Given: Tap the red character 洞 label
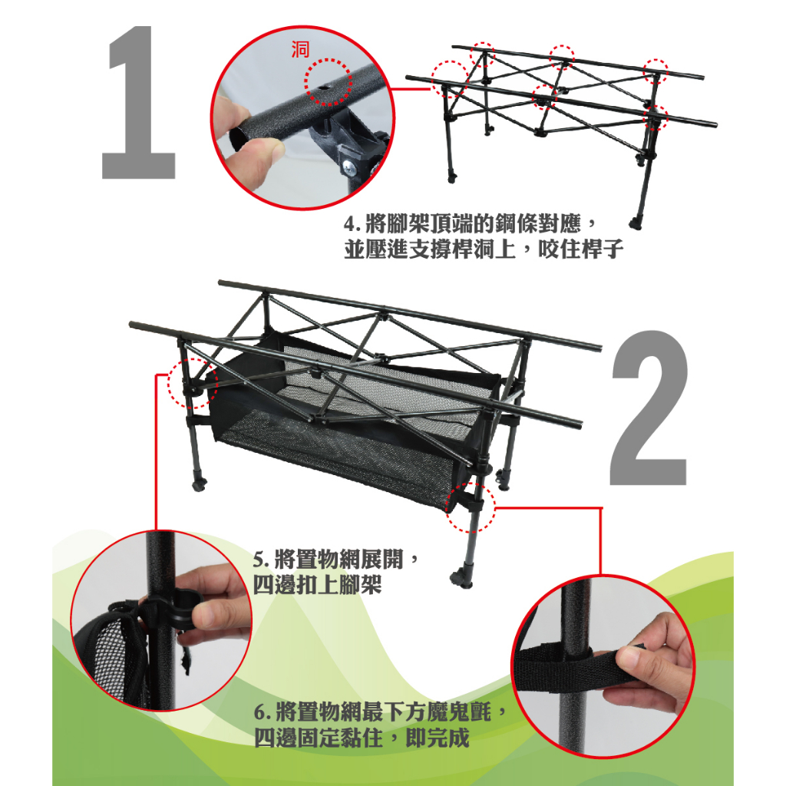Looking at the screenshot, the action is pos(300,50).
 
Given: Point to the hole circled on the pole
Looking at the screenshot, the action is pos(323,88).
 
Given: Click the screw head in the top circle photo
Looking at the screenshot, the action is pos(350,168).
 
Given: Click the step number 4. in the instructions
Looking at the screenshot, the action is pos(353,224).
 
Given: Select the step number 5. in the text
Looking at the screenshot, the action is pos(262,560).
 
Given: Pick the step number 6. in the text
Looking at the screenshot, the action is pos(263,712).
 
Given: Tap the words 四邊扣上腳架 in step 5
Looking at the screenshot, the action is pos(317,584).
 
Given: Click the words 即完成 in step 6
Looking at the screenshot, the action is pos(437,738).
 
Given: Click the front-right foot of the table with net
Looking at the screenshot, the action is pos(461,577).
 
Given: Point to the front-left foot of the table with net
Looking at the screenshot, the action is pos(199,484).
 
